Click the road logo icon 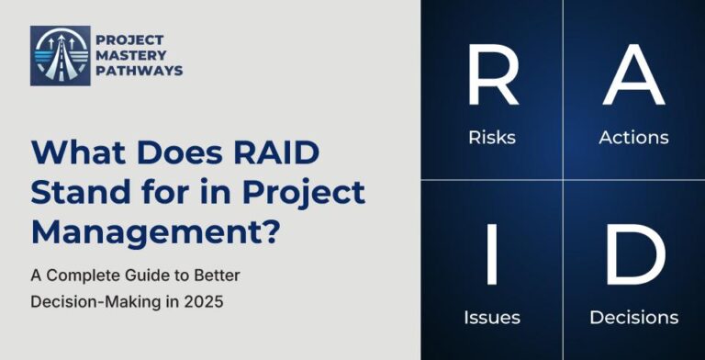[x=61, y=56]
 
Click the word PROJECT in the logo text [x=130, y=40]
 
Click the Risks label [x=492, y=138]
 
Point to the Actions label [x=633, y=138]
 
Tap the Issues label [x=492, y=318]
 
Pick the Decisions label [x=633, y=318]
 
